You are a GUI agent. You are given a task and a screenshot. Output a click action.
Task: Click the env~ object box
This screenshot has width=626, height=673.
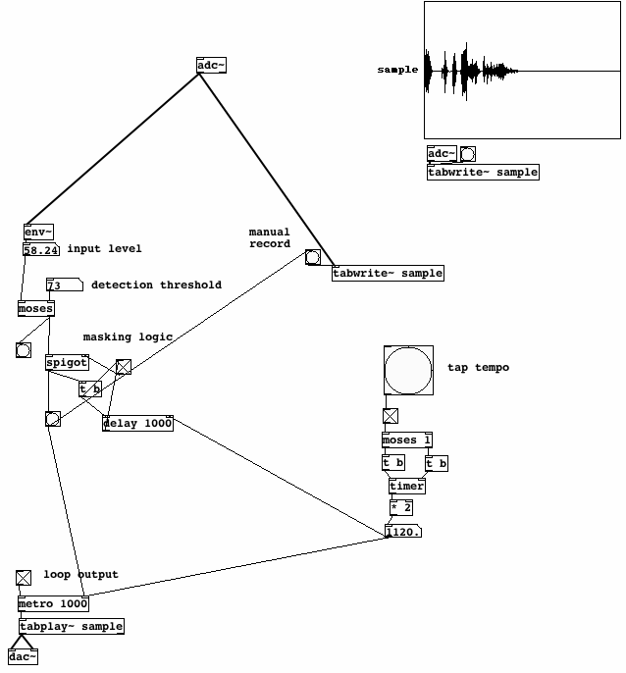click(38, 233)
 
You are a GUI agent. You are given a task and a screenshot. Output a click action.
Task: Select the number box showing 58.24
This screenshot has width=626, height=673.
click(40, 250)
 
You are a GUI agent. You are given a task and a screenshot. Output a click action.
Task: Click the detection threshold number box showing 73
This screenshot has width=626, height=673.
click(59, 285)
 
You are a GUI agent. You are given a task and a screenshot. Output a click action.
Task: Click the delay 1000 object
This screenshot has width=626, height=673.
click(137, 423)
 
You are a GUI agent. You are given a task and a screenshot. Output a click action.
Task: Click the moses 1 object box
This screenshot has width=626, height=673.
click(407, 440)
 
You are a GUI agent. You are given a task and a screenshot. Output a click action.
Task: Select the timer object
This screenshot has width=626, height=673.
click(406, 486)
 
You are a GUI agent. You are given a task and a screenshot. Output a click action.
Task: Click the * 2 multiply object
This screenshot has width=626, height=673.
click(400, 507)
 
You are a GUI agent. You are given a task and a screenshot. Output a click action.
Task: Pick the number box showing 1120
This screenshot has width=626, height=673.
click(403, 532)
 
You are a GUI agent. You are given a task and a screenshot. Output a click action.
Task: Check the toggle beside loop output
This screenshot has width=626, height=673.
click(24, 578)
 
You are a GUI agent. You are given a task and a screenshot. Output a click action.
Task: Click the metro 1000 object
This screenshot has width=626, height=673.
click(53, 603)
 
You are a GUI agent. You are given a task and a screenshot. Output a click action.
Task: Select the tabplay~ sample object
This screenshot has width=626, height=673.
click(71, 626)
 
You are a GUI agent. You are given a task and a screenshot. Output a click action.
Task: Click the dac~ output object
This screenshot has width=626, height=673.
click(23, 656)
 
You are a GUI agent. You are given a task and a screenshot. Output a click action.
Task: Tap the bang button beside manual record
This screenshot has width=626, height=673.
click(312, 257)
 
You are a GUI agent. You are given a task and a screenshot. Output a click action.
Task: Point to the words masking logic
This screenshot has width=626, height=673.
click(128, 337)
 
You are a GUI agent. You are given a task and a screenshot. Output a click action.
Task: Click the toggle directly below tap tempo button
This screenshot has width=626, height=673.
click(390, 416)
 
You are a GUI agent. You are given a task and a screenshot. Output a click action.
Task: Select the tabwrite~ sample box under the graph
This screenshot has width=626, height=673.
click(483, 172)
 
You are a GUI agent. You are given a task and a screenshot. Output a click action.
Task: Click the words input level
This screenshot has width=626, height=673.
click(104, 249)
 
